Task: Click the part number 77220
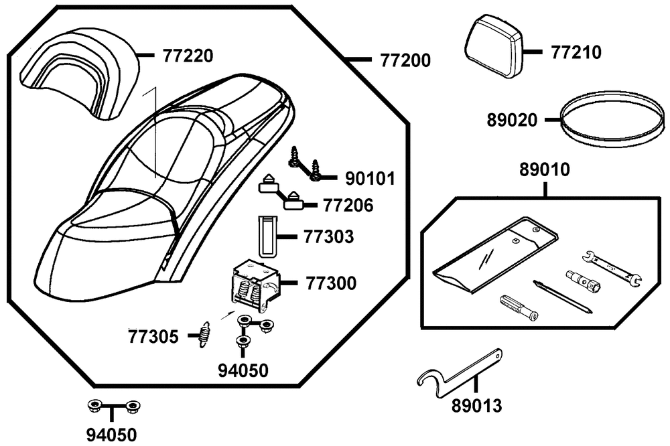188,56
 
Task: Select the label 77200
405,60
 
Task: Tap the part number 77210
576,52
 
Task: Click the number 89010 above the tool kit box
545,170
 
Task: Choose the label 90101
370,179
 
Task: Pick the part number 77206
348,204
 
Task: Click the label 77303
329,237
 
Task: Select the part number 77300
331,283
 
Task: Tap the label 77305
153,336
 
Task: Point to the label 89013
476,405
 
